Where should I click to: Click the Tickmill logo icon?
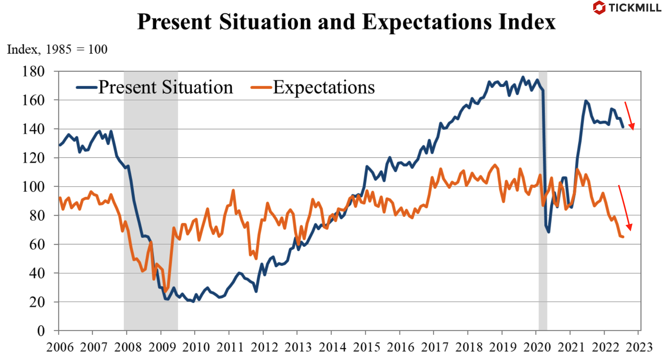point(599,8)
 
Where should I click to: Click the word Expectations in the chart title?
point(427,22)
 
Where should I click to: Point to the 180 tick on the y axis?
point(33,72)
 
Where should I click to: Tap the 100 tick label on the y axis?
point(33,187)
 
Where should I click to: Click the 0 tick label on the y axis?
point(41,331)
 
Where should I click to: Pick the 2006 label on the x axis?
point(60,347)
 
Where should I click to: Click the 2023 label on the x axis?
point(639,347)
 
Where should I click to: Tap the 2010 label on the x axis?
point(196,347)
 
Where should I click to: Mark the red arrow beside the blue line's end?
point(629,116)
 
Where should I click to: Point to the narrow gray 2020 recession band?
point(543,202)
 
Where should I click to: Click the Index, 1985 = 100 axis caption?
point(57,49)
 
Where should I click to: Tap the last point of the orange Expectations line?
point(623,237)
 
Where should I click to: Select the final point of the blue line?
point(623,127)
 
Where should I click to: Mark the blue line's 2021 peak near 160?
point(586,101)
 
